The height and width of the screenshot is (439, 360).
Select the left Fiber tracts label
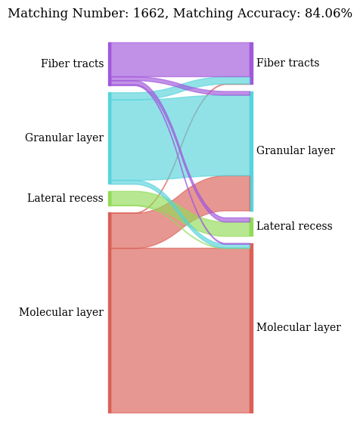(x=72, y=64)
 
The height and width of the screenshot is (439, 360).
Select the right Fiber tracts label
(x=287, y=63)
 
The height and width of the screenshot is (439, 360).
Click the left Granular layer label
(x=64, y=138)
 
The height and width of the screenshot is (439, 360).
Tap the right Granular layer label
(x=295, y=151)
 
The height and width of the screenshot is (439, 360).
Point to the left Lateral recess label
(x=65, y=199)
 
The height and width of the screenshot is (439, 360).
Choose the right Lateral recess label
(x=294, y=227)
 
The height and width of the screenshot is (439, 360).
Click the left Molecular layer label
(x=61, y=313)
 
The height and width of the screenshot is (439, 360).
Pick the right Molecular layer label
(x=298, y=328)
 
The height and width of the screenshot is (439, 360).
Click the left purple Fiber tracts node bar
(x=110, y=63)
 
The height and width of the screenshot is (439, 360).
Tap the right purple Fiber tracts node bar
(x=251, y=63)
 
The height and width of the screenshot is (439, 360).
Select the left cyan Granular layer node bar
(x=110, y=138)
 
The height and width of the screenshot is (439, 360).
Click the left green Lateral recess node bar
(x=110, y=199)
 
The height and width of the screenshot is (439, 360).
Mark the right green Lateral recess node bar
(x=251, y=227)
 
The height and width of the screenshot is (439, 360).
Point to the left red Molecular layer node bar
(x=110, y=313)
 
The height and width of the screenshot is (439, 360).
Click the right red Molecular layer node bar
(x=251, y=328)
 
